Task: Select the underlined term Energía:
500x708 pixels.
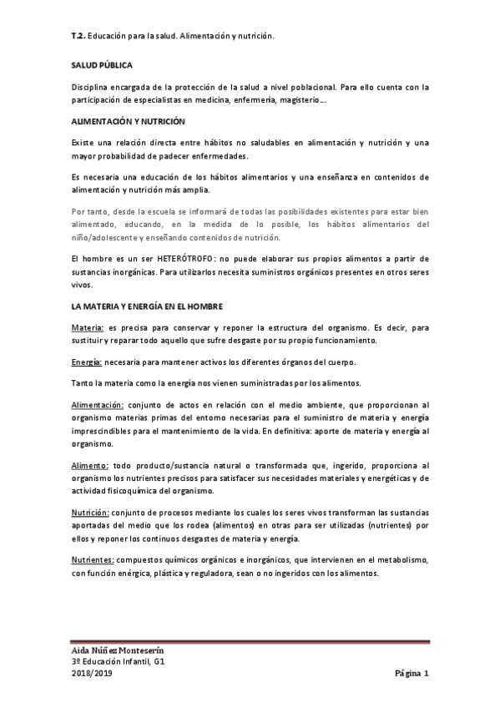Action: (x=87, y=362)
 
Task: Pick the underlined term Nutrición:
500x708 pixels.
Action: (x=91, y=513)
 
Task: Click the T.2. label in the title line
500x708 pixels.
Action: (x=78, y=38)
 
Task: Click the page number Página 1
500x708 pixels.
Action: (x=412, y=673)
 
